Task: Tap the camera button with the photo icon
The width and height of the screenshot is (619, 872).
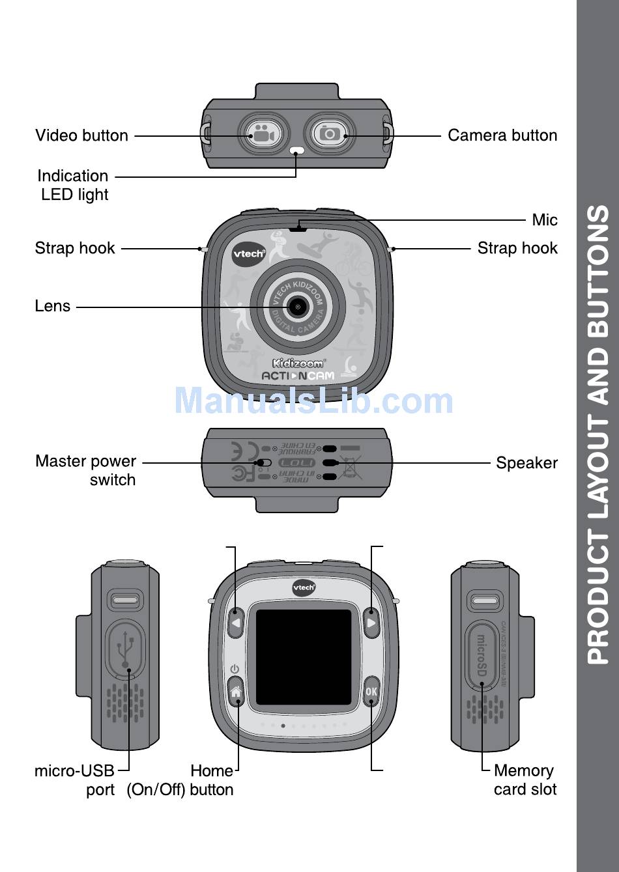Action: [x=330, y=134]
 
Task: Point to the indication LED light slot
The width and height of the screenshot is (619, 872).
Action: [x=296, y=151]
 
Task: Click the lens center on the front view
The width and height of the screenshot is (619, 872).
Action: [x=298, y=306]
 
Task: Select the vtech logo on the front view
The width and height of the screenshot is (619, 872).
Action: [x=249, y=253]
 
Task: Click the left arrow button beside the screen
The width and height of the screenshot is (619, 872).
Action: [x=236, y=623]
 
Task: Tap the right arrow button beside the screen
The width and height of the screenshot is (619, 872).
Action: [x=371, y=623]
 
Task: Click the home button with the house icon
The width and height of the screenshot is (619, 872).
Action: [x=236, y=693]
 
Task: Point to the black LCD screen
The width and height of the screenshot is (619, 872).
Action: [x=304, y=657]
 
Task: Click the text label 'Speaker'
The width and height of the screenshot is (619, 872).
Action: [x=526, y=463]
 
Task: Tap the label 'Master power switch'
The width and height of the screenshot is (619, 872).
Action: [x=86, y=470]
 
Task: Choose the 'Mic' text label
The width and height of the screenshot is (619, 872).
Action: [x=544, y=220]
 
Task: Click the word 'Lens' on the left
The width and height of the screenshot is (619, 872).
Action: [x=53, y=306]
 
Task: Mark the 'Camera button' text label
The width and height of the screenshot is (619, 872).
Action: [x=502, y=135]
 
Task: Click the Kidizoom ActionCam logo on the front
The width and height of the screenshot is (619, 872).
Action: [x=298, y=369]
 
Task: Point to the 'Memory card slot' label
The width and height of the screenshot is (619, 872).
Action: [x=525, y=780]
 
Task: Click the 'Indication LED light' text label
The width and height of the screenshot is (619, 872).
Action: [x=73, y=185]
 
